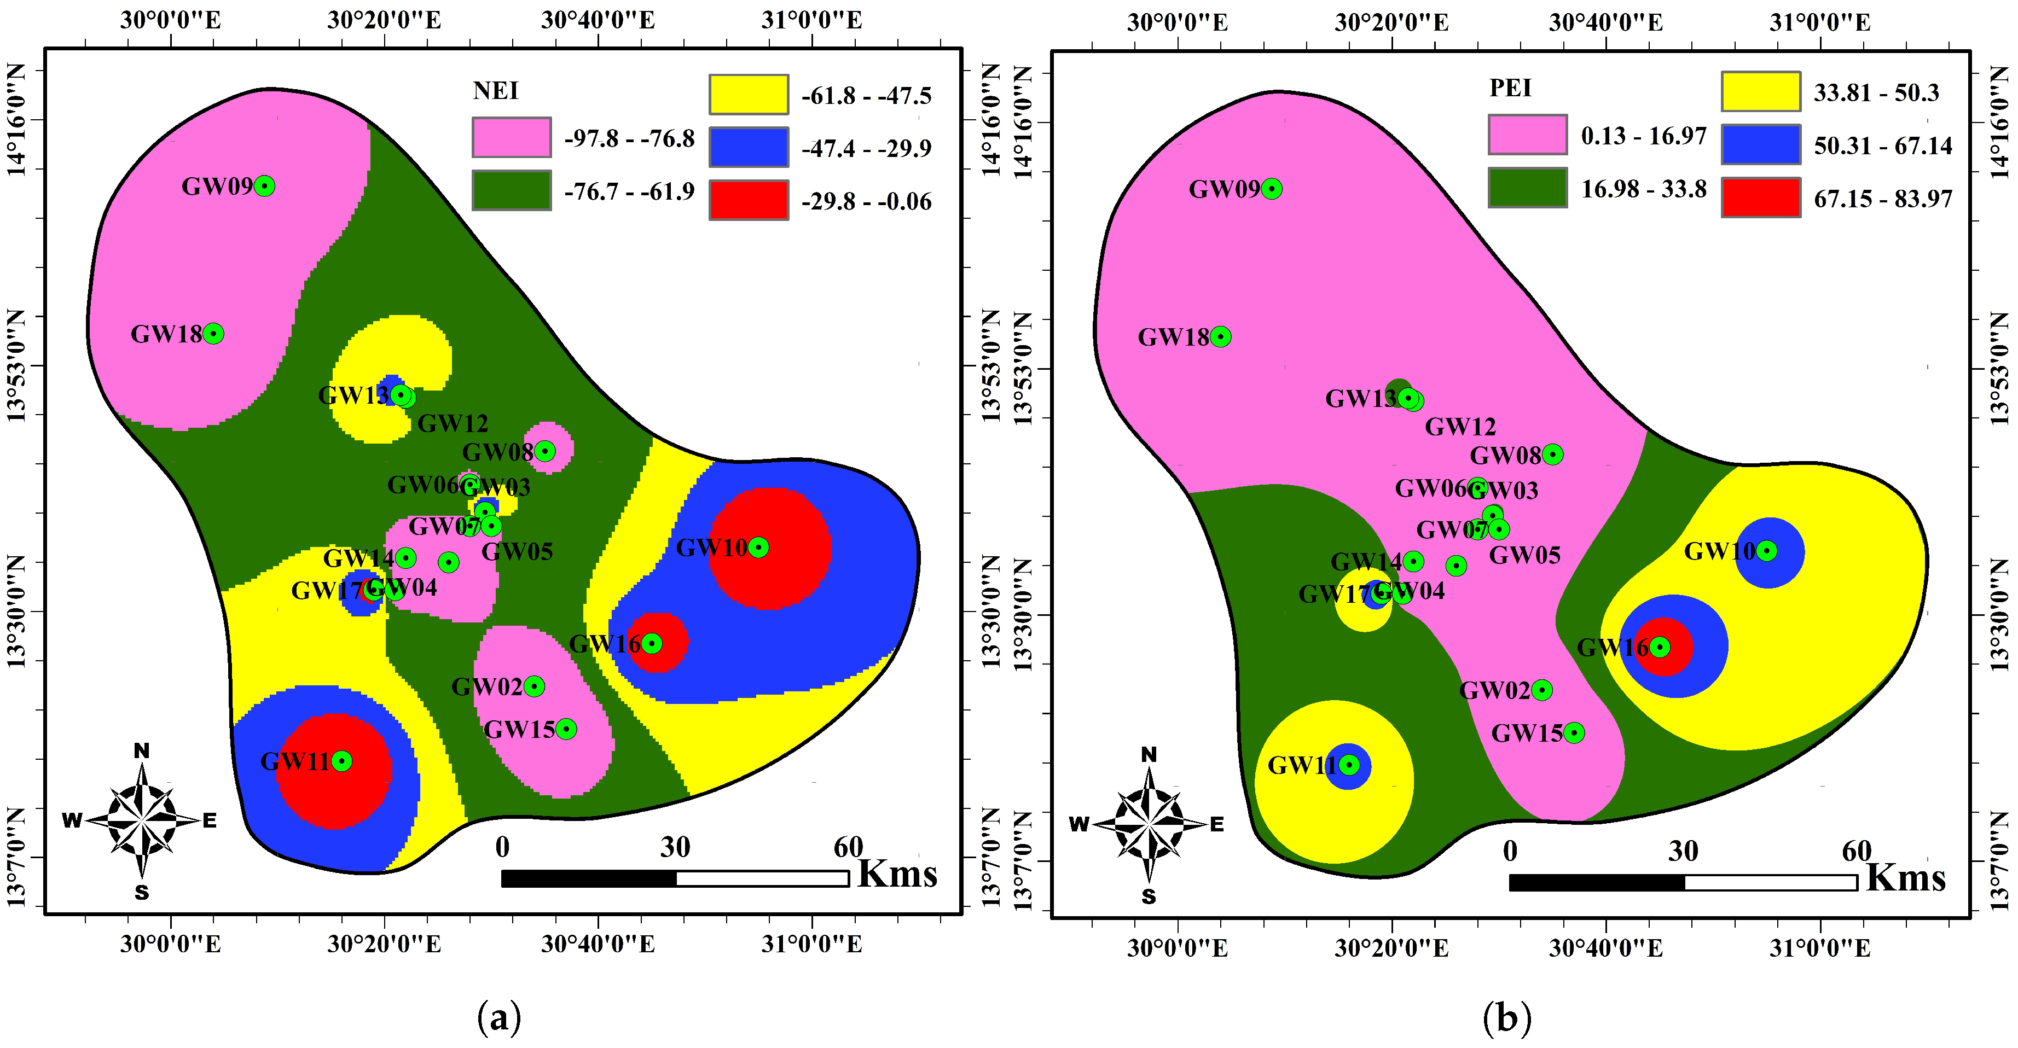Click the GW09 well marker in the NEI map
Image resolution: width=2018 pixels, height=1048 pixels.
click(265, 185)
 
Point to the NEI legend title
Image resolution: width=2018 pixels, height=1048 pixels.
click(495, 91)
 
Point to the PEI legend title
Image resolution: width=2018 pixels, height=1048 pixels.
click(1510, 88)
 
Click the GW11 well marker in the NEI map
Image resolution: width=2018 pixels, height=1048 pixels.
click(341, 760)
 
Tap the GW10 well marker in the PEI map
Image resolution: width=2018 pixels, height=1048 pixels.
click(1766, 551)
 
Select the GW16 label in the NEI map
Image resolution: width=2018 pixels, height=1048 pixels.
click(604, 644)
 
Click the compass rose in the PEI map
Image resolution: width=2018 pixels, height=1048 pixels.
click(1149, 825)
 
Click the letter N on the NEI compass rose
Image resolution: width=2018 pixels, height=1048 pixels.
click(141, 750)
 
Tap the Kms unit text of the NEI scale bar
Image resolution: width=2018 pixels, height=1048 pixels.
click(897, 874)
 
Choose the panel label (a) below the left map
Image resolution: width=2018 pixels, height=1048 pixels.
click(498, 1018)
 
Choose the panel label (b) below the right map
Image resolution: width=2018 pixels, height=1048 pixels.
click(1506, 1018)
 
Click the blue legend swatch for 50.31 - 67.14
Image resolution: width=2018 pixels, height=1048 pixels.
click(1760, 145)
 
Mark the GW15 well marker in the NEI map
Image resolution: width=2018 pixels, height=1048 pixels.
click(566, 729)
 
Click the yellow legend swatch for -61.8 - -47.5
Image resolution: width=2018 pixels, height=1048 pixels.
click(748, 95)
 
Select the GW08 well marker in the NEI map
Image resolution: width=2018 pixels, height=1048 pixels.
click(544, 451)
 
